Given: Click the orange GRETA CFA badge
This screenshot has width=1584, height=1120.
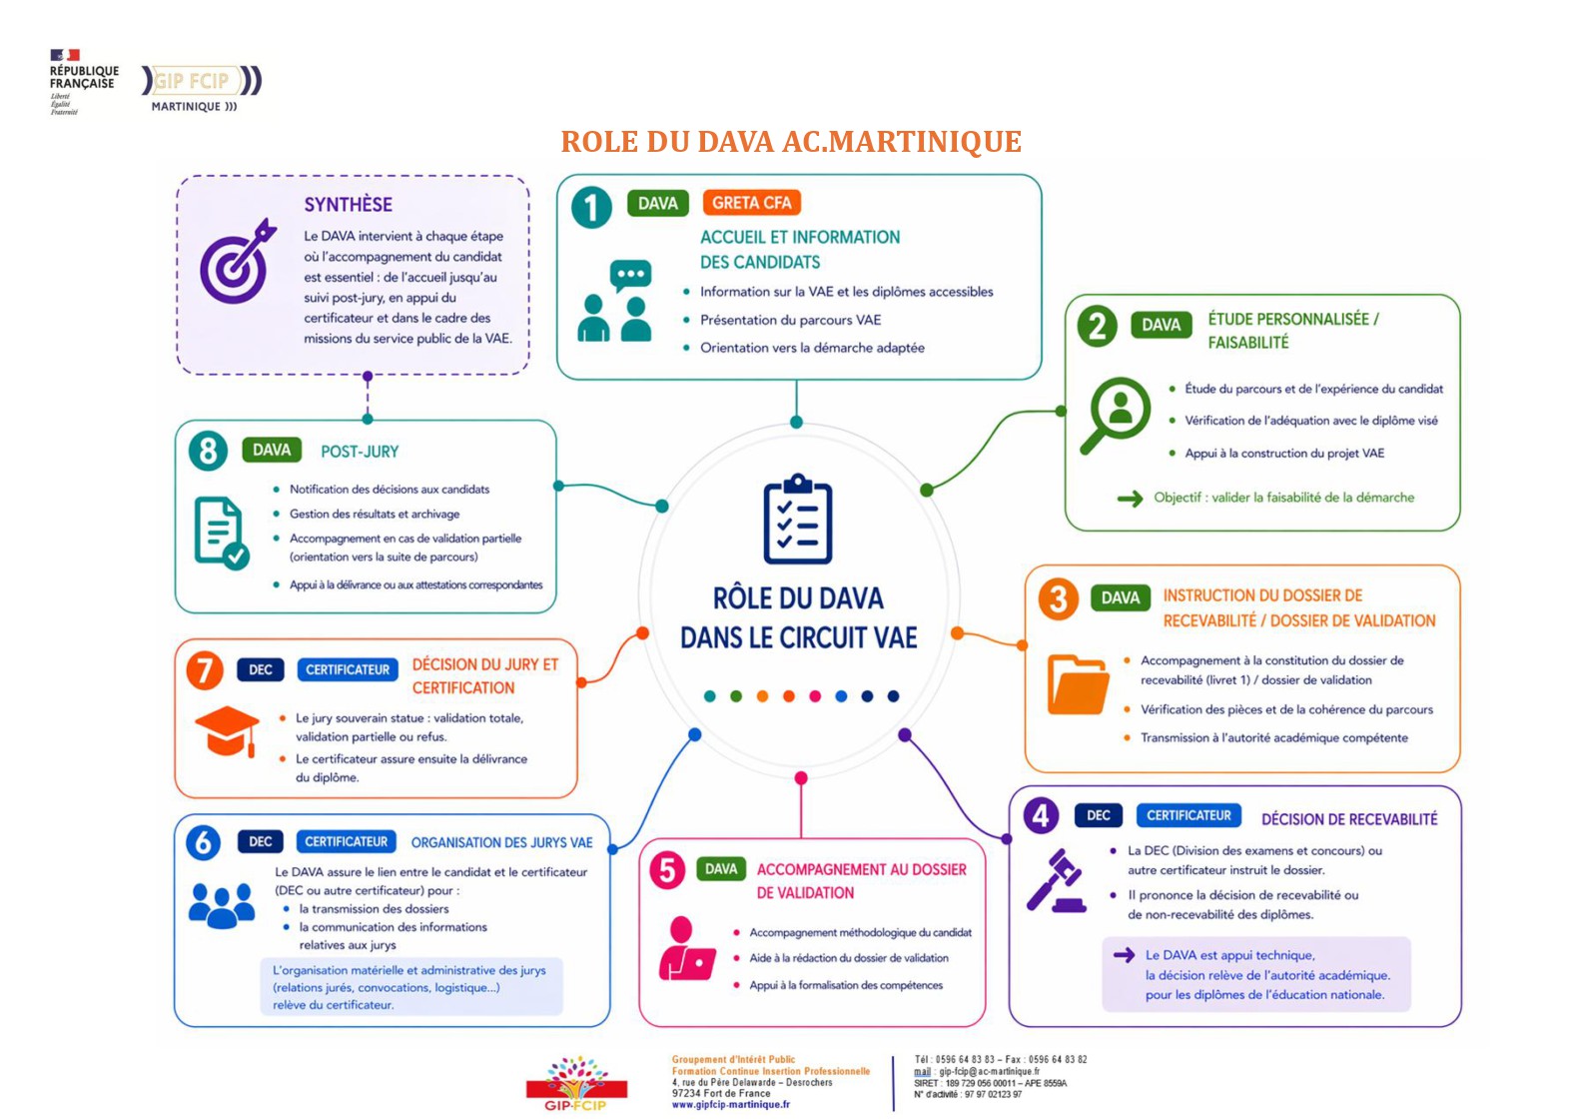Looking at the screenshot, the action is [751, 203].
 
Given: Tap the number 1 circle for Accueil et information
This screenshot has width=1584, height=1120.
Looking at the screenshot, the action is [591, 207].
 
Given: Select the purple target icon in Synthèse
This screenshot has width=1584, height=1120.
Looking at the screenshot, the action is [238, 261].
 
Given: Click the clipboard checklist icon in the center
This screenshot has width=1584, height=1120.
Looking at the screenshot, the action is [798, 519].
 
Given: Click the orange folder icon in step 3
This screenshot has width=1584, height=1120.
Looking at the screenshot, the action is [1078, 684].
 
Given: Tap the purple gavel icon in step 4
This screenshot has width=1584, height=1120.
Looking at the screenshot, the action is [1056, 880].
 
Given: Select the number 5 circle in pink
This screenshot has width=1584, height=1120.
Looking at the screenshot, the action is [667, 870].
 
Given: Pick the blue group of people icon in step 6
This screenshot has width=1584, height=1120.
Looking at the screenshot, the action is [222, 905].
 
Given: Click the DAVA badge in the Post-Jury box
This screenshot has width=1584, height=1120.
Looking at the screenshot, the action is [272, 450].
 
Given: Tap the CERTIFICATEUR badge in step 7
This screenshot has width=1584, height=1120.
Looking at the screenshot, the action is [348, 669].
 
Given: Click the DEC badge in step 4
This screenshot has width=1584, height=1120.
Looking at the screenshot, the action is [1099, 815].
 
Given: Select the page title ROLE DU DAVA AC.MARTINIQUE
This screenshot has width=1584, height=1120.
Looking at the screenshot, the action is [791, 142].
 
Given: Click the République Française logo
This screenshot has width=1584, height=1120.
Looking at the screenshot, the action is [84, 81].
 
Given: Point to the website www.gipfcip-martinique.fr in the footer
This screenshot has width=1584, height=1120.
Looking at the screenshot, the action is [730, 1104].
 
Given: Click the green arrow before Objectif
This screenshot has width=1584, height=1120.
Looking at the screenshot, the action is [1130, 499].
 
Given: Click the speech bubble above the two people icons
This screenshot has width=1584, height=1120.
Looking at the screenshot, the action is [630, 276].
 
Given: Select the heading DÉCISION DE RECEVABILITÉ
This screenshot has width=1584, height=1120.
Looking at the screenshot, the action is [1349, 819].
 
